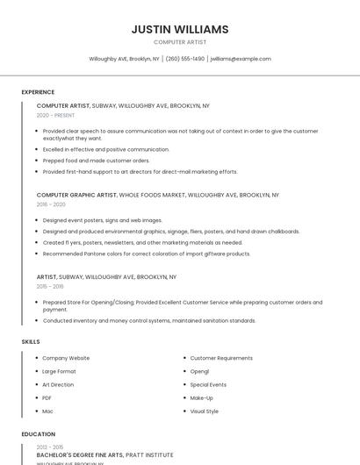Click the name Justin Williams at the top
coord(180,29)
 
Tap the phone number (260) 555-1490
coord(184,59)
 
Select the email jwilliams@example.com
coord(241,59)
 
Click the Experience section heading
coord(38,92)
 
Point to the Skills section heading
coord(30,340)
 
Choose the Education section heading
coord(38,434)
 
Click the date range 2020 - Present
coord(55,115)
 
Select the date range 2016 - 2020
coord(51,204)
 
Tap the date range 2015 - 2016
coord(50,286)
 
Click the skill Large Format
coord(59,371)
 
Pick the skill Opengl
coord(199,371)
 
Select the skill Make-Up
coord(202,397)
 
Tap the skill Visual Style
coord(205,411)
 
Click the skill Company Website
coord(66,358)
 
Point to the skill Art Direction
coord(58,384)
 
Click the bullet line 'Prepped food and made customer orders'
coord(97,161)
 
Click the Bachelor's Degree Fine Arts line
coord(104,455)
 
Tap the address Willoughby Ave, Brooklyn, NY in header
coord(124,59)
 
